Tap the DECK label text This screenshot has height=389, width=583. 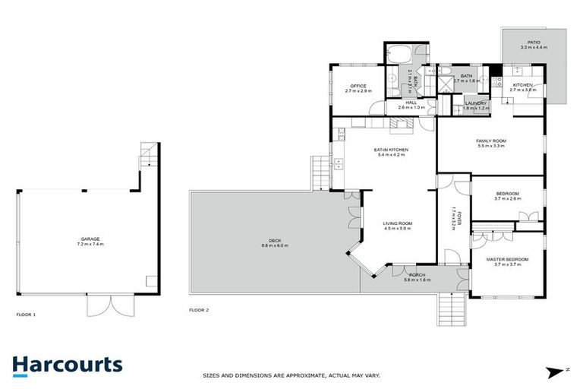(x=270, y=240)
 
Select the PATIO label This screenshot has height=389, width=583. (x=534, y=42)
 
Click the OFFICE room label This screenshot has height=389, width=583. (x=358, y=86)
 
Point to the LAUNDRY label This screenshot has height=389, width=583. (x=475, y=103)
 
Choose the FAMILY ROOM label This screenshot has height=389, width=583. (x=490, y=141)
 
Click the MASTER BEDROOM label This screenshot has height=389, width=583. (x=507, y=259)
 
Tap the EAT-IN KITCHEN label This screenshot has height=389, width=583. (x=391, y=150)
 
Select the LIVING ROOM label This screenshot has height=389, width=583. (x=397, y=223)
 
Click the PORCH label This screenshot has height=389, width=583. (x=417, y=274)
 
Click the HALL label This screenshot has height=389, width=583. (x=411, y=103)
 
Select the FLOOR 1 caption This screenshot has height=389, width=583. (x=26, y=313)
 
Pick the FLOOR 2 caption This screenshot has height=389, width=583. (x=199, y=310)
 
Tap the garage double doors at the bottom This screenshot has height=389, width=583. (x=109, y=305)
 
